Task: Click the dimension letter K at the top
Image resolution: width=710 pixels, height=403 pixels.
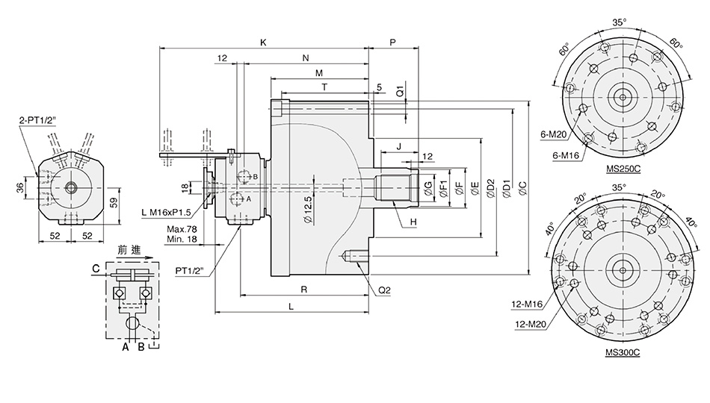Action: tap(262, 43)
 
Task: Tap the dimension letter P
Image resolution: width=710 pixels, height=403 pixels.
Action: tap(393, 43)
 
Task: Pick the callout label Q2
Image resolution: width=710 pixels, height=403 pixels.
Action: tap(386, 290)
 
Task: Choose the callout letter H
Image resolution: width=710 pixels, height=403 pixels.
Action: tap(413, 222)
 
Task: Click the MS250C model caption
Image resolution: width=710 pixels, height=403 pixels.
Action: tap(623, 169)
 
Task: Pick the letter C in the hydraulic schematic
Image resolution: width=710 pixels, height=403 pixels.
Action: tap(96, 269)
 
